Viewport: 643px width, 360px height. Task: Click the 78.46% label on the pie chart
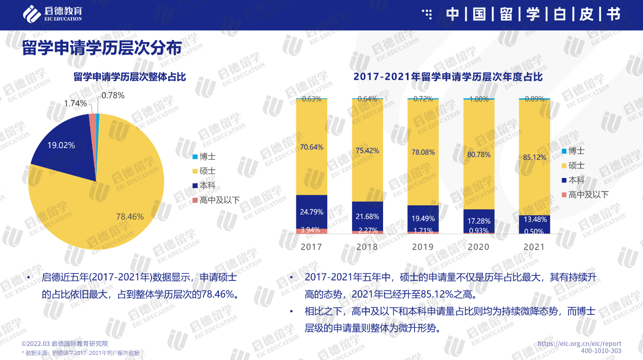click(130, 217)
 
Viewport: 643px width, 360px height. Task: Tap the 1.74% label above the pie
click(75, 103)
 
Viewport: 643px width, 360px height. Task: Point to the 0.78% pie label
click(112, 95)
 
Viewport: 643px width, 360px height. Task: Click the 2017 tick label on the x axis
click(311, 247)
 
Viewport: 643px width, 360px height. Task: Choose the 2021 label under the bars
click(534, 247)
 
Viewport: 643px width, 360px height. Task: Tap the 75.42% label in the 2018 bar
click(367, 150)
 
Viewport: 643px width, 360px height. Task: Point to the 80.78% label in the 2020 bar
click(478, 154)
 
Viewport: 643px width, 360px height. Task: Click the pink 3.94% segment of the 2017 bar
click(311, 231)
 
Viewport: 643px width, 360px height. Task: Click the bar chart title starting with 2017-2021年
click(448, 77)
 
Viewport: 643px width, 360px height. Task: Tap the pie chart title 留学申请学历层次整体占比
click(130, 77)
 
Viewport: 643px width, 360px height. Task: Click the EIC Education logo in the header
click(53, 14)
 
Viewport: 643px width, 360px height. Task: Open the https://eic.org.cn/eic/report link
click(579, 343)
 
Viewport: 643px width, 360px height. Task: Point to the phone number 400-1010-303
click(601, 351)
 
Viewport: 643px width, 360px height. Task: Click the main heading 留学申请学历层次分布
click(101, 49)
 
